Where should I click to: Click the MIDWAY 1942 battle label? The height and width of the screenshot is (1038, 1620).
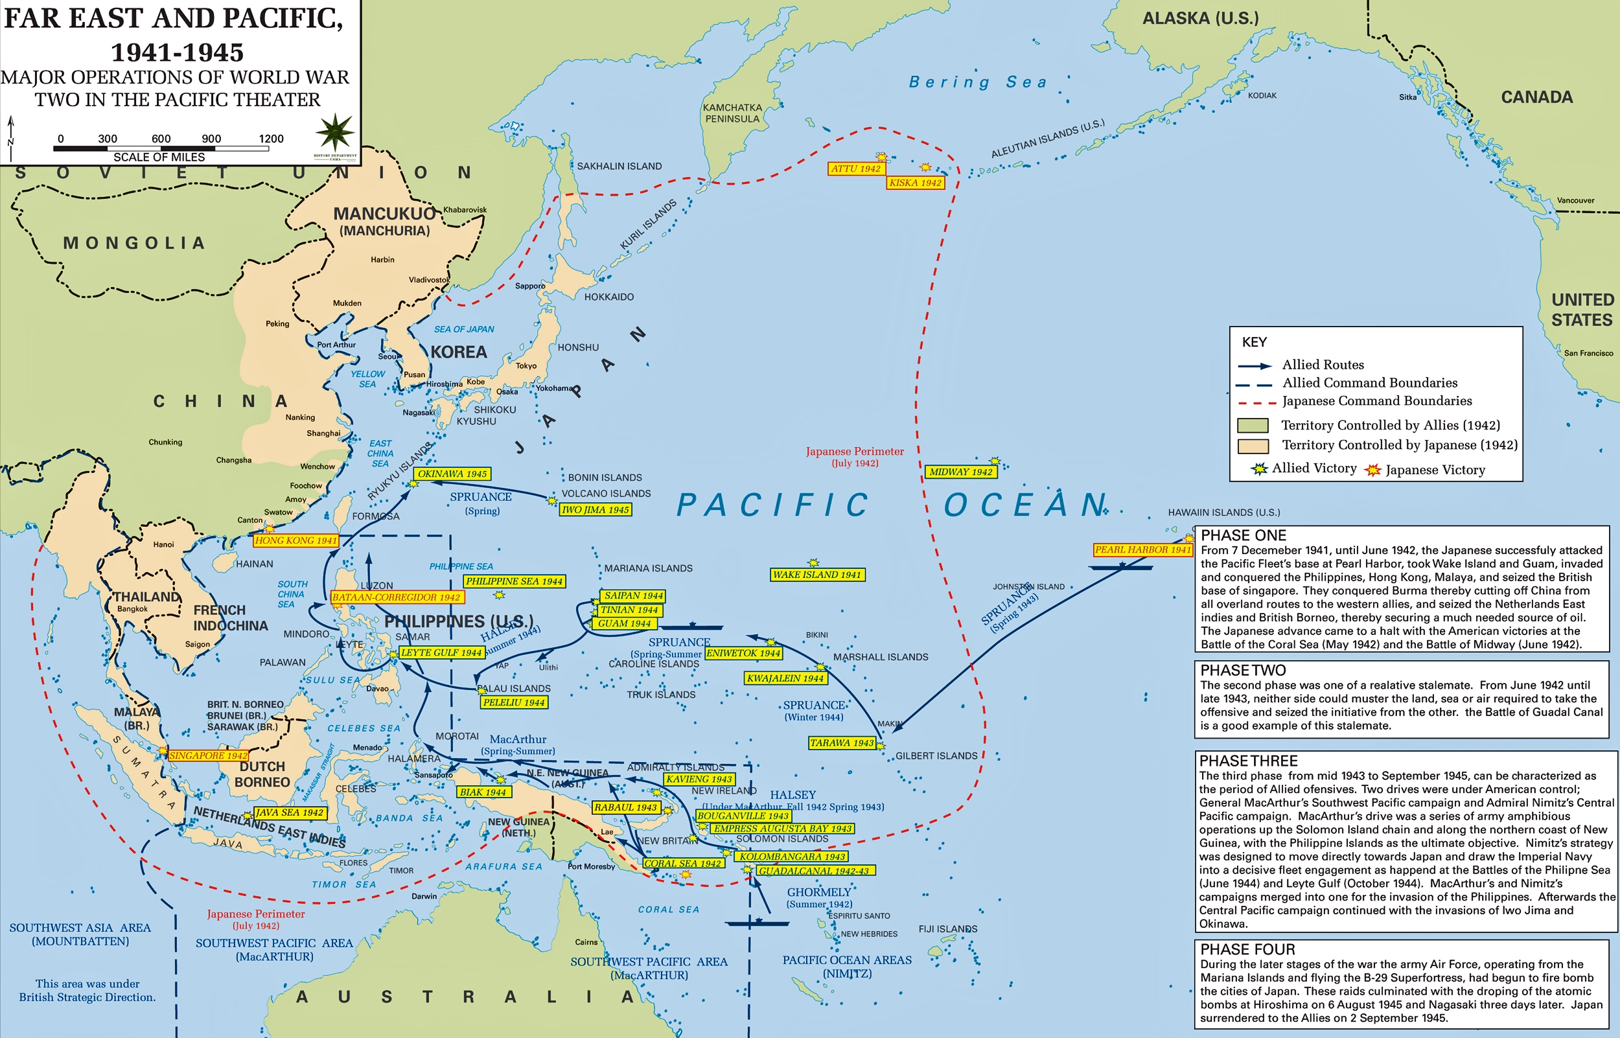960,472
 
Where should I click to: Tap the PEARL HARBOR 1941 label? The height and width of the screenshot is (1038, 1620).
1142,550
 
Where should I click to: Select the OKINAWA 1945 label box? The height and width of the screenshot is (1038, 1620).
452,474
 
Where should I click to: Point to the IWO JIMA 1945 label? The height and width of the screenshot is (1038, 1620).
595,509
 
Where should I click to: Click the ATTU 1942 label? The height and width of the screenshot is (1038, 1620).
855,168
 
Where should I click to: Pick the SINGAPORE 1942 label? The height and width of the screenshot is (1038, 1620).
207,755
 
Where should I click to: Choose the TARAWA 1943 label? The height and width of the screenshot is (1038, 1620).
842,743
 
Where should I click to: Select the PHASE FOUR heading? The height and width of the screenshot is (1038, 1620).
1247,949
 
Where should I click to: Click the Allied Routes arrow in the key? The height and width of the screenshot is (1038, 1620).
1254,366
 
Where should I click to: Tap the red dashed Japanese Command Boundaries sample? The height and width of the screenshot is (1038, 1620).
1256,402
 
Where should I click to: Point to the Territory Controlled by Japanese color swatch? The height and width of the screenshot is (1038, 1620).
1253,446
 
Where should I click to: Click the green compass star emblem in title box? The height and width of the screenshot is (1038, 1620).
335,132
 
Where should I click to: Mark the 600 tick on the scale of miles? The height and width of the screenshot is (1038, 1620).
161,139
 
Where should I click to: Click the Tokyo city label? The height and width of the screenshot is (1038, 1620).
526,366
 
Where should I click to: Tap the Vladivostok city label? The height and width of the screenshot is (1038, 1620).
428,280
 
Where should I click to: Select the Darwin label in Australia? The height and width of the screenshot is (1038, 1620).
424,897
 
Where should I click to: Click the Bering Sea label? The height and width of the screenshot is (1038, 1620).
978,82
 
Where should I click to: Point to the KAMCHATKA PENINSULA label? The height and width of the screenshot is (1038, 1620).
732,113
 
